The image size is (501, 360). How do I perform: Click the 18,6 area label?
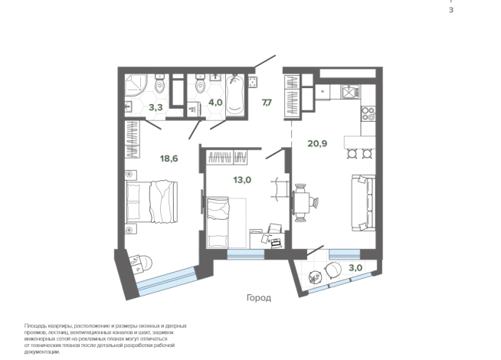pyautogui.click(x=169, y=159)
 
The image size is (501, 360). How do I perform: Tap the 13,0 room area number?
pyautogui.click(x=242, y=180)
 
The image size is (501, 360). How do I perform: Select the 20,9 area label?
pyautogui.click(x=317, y=144)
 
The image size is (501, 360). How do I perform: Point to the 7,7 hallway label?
pyautogui.click(x=267, y=103)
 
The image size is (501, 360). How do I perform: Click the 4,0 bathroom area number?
pyautogui.click(x=215, y=103)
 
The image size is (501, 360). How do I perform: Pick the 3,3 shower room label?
pyautogui.click(x=156, y=107)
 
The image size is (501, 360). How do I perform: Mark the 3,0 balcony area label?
pyautogui.click(x=355, y=267)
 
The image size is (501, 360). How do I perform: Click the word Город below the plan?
pyautogui.click(x=259, y=298)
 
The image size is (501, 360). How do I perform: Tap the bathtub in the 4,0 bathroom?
pyautogui.click(x=235, y=95)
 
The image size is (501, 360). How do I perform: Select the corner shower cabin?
pyautogui.click(x=136, y=85)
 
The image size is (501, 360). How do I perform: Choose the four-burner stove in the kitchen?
pyautogui.click(x=368, y=113)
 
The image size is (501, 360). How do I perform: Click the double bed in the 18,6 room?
pyautogui.click(x=152, y=201)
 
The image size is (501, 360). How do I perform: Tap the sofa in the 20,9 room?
pyautogui.click(x=364, y=202)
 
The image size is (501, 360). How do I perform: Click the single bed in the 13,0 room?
pyautogui.click(x=218, y=222)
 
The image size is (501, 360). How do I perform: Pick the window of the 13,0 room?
pyautogui.click(x=246, y=254)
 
